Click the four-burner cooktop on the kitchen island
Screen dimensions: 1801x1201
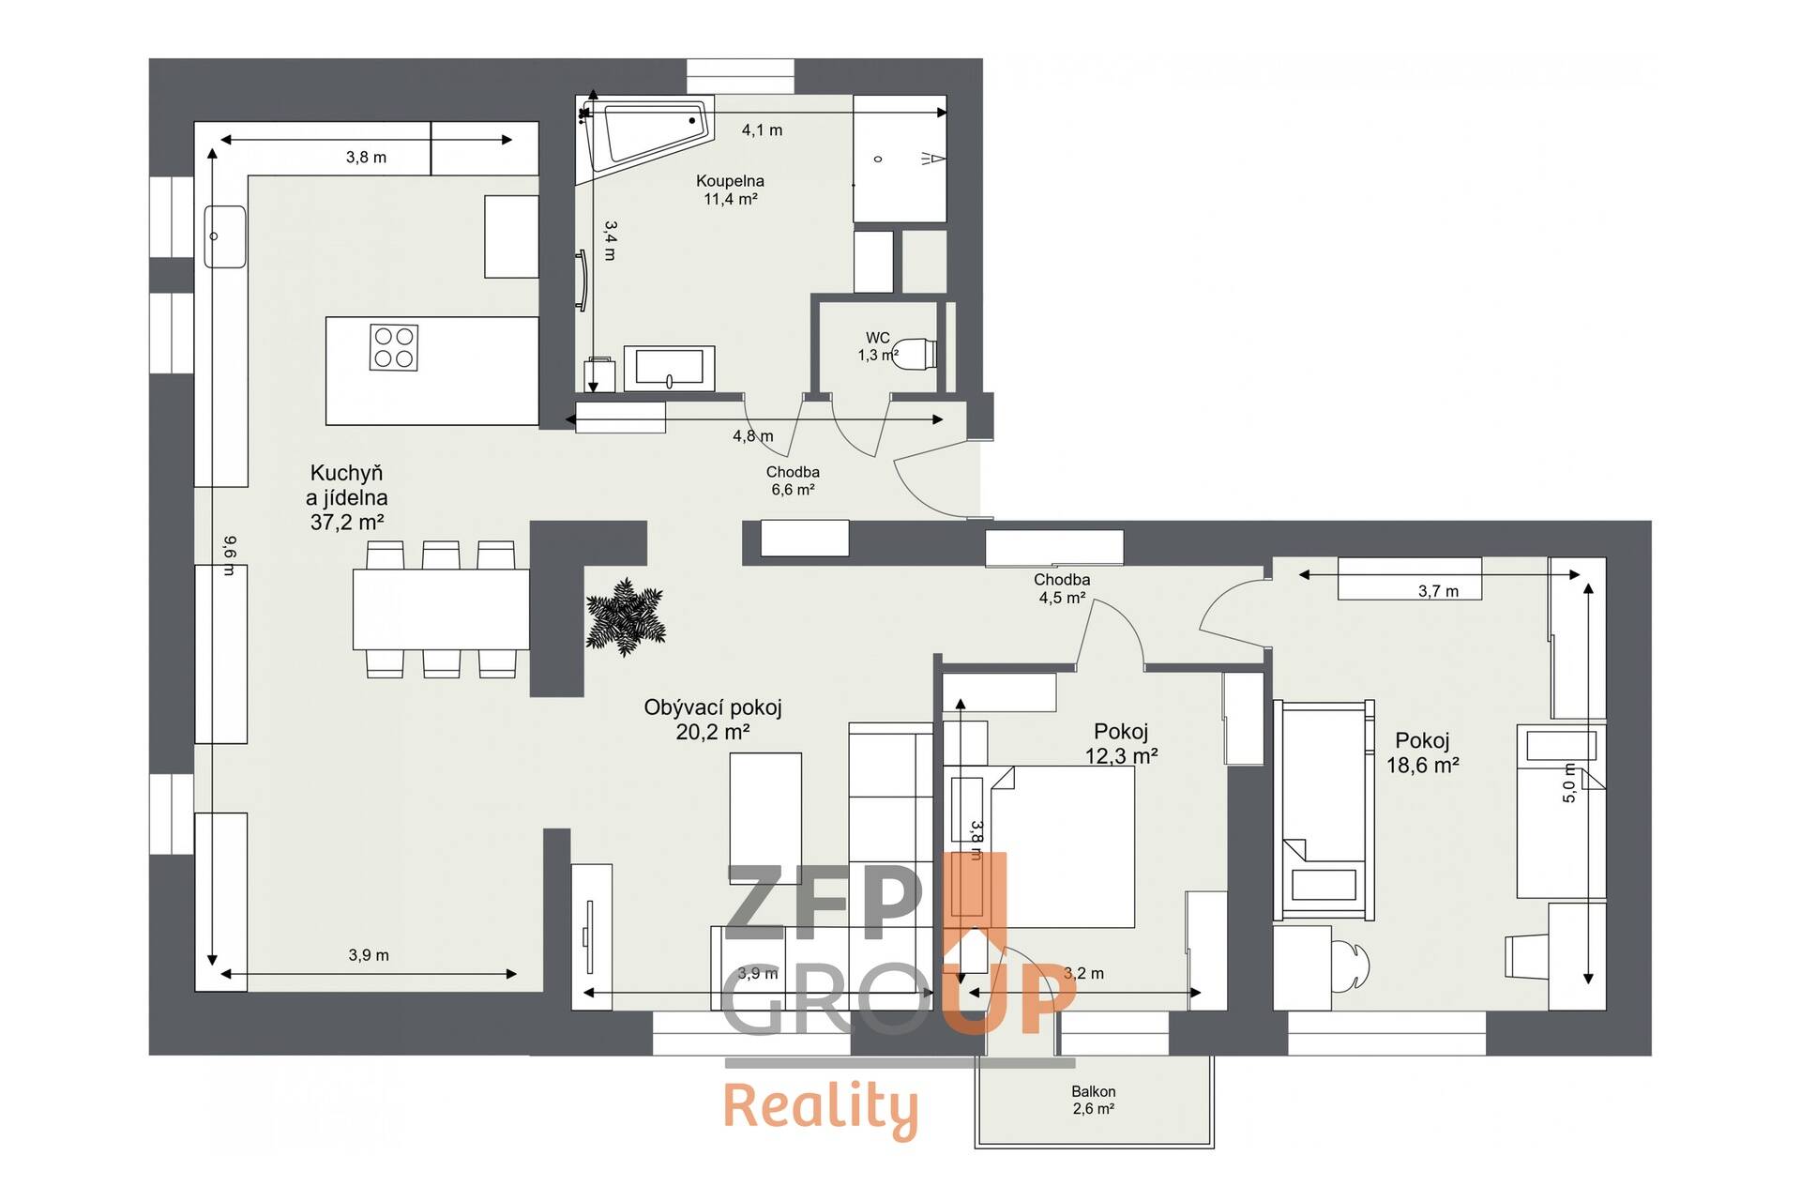click(x=394, y=347)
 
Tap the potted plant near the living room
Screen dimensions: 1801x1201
click(x=625, y=616)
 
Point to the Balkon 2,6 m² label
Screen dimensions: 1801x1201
click(x=1094, y=1100)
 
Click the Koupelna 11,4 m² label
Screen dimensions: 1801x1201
click(x=730, y=190)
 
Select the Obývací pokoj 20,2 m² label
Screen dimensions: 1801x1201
click(x=713, y=720)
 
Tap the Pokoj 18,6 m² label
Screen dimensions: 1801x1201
click(x=1423, y=753)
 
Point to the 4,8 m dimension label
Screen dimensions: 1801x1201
click(x=753, y=435)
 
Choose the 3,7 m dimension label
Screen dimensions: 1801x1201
click(x=1439, y=591)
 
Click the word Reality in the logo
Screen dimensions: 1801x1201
click(x=821, y=1109)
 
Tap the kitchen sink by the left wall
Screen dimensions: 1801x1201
click(x=225, y=236)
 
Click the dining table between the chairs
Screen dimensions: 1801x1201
click(x=441, y=609)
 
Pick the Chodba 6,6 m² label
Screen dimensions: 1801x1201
click(x=793, y=480)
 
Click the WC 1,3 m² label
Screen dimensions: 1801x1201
click(x=878, y=346)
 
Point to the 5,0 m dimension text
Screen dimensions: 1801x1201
click(x=1569, y=783)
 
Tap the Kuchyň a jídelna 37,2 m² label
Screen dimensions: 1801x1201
click(x=348, y=497)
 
